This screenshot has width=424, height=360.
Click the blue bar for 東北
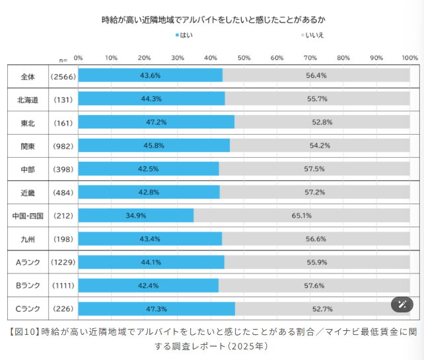click(156, 122)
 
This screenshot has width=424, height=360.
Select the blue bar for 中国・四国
click(135, 215)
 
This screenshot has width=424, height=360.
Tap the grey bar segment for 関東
click(320, 145)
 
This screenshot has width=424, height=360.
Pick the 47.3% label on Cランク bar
click(156, 308)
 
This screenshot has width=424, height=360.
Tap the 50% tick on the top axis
click(244, 58)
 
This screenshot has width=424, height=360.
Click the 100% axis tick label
click(409, 58)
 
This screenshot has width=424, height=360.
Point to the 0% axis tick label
click(78, 58)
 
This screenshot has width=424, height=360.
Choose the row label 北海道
click(28, 99)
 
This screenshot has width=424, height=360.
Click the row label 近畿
click(28, 192)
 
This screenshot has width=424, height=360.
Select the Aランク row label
click(28, 262)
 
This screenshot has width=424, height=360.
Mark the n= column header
click(63, 59)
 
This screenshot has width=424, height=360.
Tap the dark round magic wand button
click(402, 305)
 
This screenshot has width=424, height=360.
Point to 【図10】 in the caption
click(24, 332)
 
